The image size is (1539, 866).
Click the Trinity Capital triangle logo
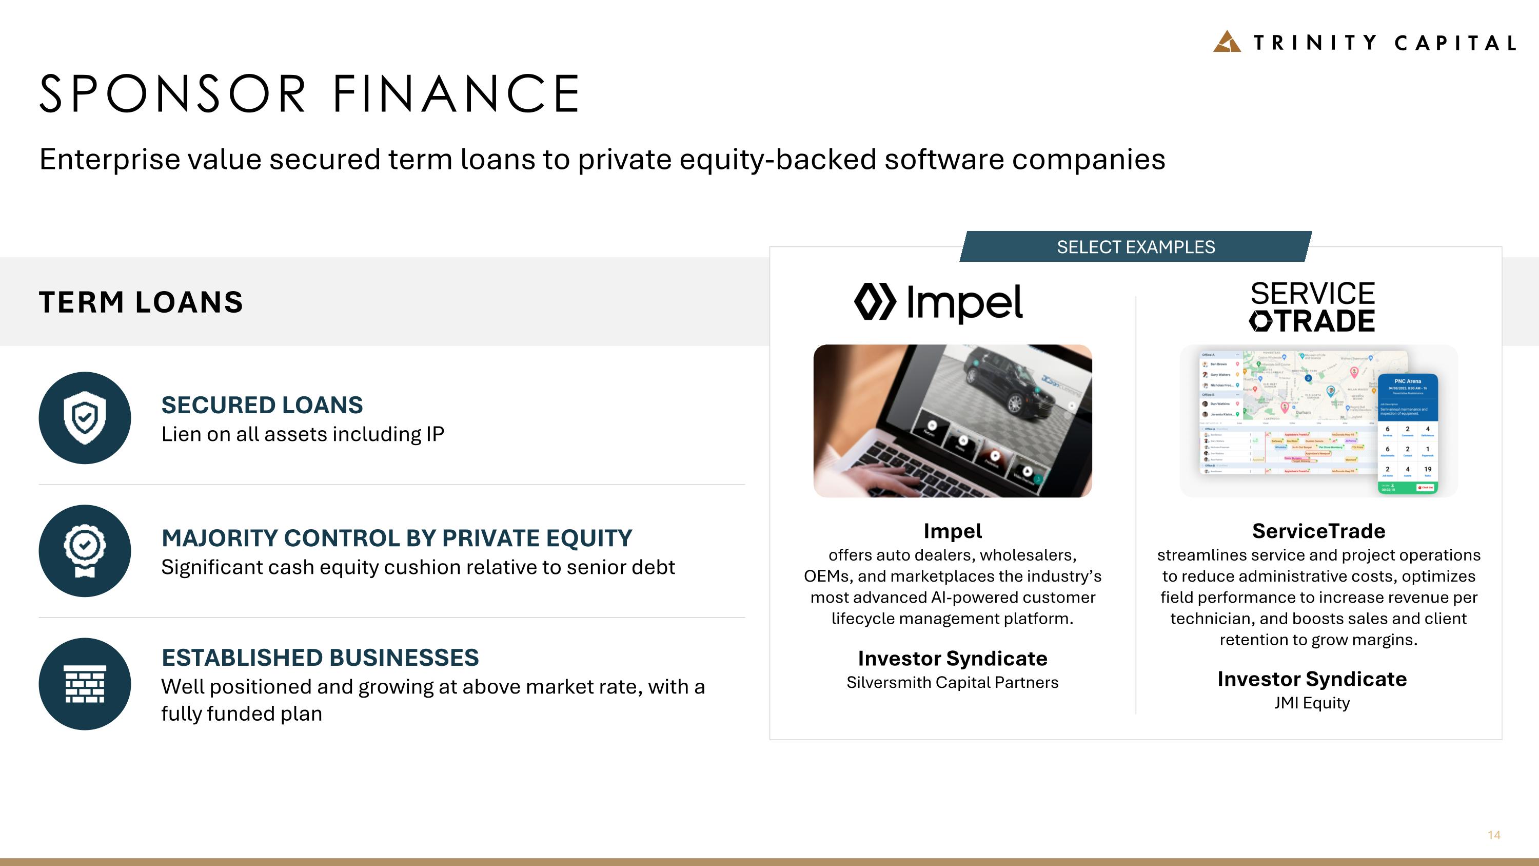click(x=1227, y=42)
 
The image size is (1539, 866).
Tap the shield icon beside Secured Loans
click(x=85, y=418)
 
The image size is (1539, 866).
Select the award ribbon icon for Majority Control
click(x=85, y=550)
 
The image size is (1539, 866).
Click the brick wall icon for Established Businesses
click(x=85, y=684)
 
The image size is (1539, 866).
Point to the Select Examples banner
click(x=1135, y=247)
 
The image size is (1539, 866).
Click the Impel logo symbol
click(x=875, y=302)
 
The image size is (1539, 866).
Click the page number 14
click(x=1493, y=835)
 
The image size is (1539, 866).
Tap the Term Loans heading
click(x=141, y=302)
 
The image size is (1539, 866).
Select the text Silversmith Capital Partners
click(x=952, y=683)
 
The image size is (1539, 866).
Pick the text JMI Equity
click(x=1312, y=703)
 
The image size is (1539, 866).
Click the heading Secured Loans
click(x=262, y=405)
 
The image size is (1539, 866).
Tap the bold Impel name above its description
click(x=952, y=531)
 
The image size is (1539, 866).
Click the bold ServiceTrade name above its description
click(x=1318, y=531)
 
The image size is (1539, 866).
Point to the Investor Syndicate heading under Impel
click(x=952, y=658)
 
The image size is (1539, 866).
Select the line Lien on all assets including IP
click(x=302, y=434)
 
